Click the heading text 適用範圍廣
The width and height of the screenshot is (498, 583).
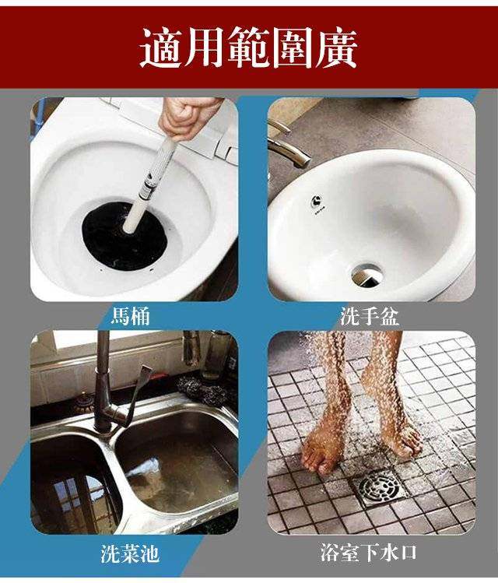(249, 49)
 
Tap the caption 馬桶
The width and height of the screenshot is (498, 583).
(130, 316)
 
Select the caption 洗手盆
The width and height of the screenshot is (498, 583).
(369, 316)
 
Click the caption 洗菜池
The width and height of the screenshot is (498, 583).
(130, 553)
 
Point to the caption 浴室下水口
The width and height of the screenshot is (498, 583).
(369, 553)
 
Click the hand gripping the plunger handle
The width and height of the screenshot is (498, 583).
(177, 117)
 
